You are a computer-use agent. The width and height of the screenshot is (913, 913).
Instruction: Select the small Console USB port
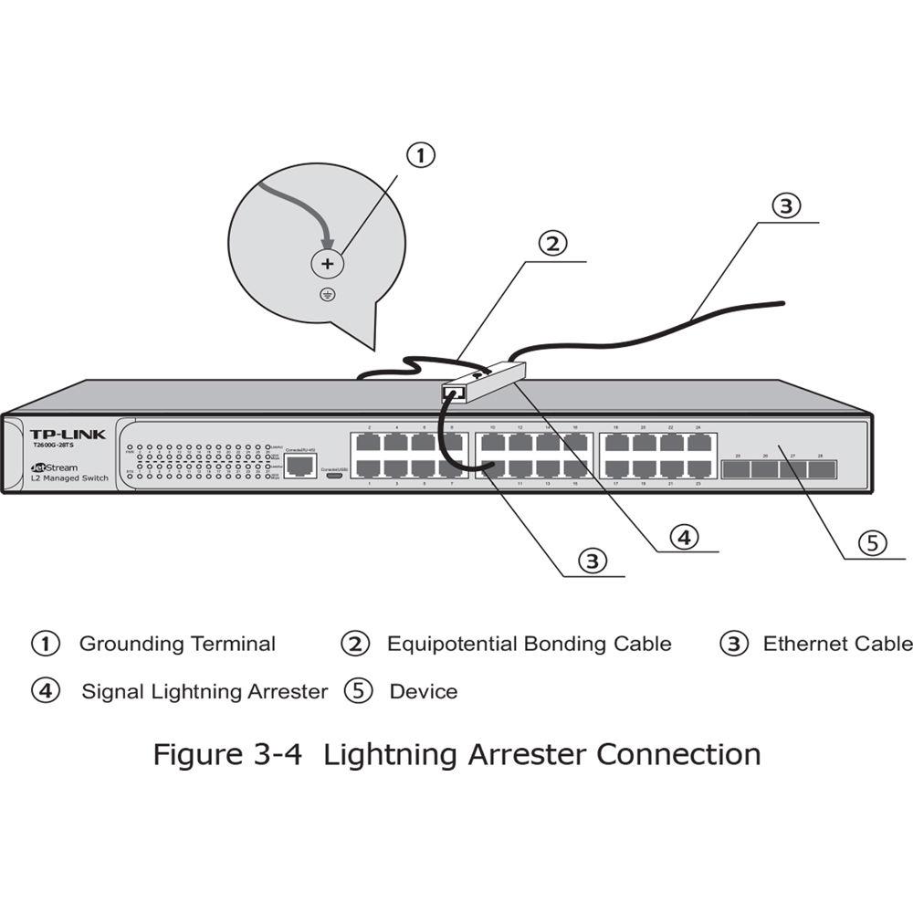click(x=335, y=473)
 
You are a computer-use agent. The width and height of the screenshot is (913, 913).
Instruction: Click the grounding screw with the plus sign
click(x=327, y=263)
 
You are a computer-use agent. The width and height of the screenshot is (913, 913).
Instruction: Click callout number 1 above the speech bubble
click(x=420, y=156)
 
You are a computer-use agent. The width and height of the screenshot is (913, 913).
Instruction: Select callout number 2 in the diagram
click(x=552, y=244)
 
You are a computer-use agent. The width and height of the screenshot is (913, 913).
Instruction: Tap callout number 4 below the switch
click(x=685, y=537)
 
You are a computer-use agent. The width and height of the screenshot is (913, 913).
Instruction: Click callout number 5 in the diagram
click(x=872, y=543)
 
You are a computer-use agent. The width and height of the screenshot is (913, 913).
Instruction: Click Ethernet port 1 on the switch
click(x=368, y=468)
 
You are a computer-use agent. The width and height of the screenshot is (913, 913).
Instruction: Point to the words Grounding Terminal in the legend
click(x=177, y=644)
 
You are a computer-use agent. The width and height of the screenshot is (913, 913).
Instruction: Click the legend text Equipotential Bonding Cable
click(x=529, y=644)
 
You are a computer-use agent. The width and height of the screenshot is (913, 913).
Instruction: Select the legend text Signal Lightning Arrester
click(x=204, y=691)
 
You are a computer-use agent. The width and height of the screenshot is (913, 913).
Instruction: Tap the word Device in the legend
click(x=424, y=691)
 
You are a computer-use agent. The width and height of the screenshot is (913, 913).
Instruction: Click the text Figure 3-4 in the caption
click(x=233, y=755)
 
